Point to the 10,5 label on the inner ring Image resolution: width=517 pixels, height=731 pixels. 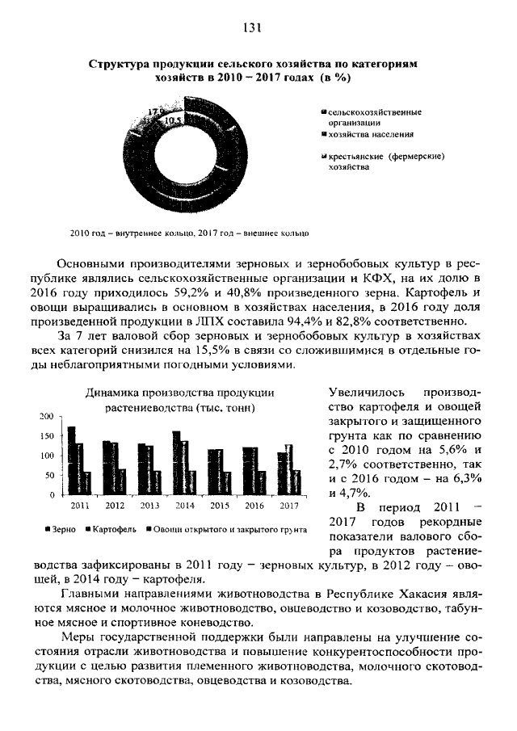click(171, 121)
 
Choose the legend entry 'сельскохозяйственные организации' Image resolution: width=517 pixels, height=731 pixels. click(374, 116)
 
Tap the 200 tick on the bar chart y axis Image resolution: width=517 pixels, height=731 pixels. click(46, 416)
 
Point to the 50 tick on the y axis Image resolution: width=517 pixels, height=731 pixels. click(48, 475)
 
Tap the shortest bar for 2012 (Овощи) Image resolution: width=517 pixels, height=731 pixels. click(123, 481)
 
